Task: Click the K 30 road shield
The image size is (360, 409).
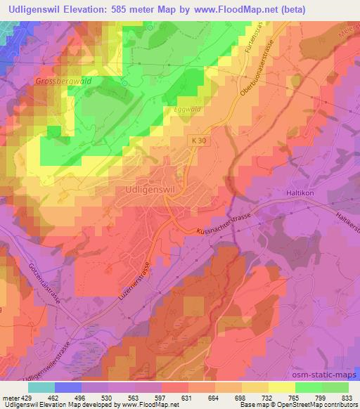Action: coord(200,141)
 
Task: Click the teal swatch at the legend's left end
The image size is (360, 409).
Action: coord(41,387)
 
